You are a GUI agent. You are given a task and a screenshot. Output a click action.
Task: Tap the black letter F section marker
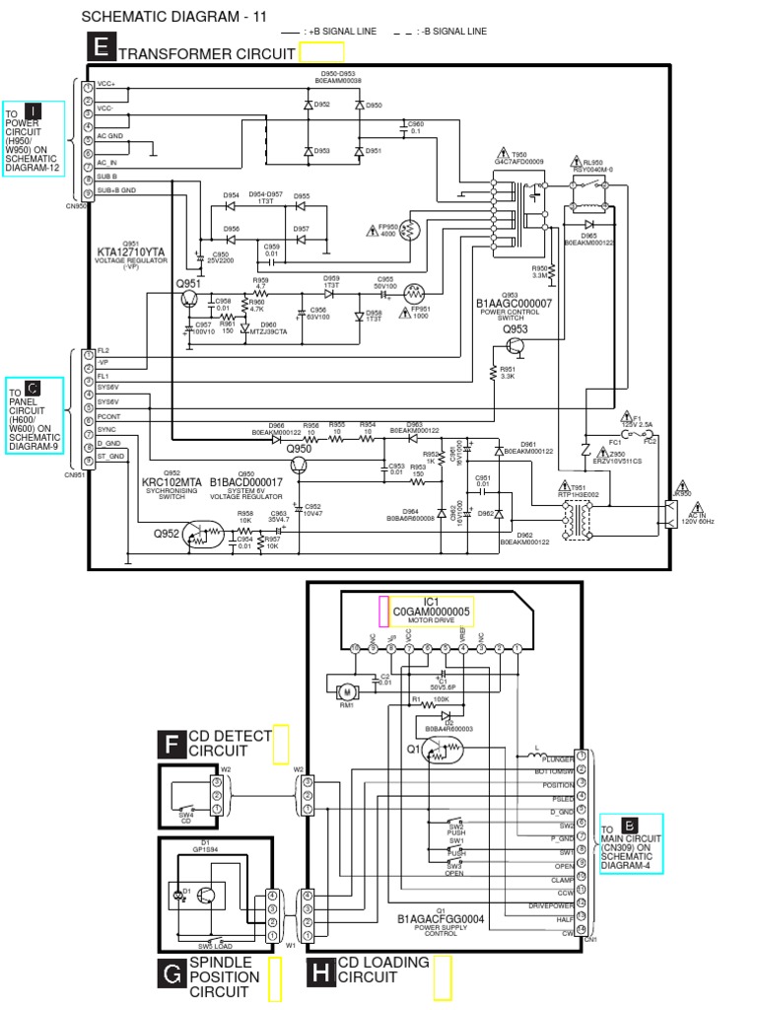172,745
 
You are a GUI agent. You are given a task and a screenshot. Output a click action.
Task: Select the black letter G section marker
172,974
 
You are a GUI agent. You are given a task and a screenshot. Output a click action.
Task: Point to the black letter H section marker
320,974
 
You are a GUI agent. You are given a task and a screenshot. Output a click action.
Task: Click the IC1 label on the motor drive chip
431,601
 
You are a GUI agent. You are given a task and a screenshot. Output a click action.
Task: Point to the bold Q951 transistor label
188,284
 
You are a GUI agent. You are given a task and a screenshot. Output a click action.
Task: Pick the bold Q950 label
299,450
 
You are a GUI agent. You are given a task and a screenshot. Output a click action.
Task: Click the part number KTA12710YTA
132,252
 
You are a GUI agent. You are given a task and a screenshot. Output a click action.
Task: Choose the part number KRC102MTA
172,482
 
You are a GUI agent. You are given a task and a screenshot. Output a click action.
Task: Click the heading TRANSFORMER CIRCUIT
206,53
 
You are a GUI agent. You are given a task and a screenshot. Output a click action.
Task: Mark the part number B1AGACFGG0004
441,918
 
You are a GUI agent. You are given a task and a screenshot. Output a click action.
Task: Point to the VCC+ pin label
106,86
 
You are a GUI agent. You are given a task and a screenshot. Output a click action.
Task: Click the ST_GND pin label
109,457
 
